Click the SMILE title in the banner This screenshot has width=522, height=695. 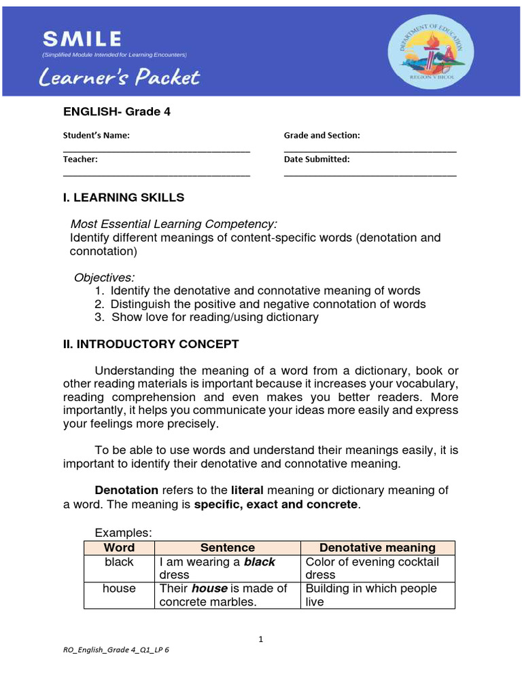click(82, 39)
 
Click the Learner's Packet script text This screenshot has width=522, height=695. click(120, 77)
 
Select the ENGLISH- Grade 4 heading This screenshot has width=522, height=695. click(116, 112)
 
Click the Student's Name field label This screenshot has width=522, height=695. click(96, 135)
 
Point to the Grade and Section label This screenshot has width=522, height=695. click(321, 135)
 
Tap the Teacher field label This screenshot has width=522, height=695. click(80, 159)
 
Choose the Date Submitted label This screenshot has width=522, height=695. click(317, 159)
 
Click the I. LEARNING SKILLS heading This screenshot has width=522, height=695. click(123, 198)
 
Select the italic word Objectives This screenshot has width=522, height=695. click(104, 278)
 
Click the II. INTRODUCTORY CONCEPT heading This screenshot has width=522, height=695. click(151, 344)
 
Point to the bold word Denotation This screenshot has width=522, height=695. click(126, 489)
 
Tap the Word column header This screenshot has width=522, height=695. click(119, 547)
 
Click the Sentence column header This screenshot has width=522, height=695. click(227, 547)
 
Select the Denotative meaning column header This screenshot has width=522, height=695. click(377, 547)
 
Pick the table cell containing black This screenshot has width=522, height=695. click(119, 568)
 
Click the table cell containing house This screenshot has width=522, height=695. click(119, 595)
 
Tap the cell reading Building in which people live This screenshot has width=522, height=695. click(377, 595)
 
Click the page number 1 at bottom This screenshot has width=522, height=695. click(260, 639)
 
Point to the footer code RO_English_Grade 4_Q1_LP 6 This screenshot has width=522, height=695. click(116, 650)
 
